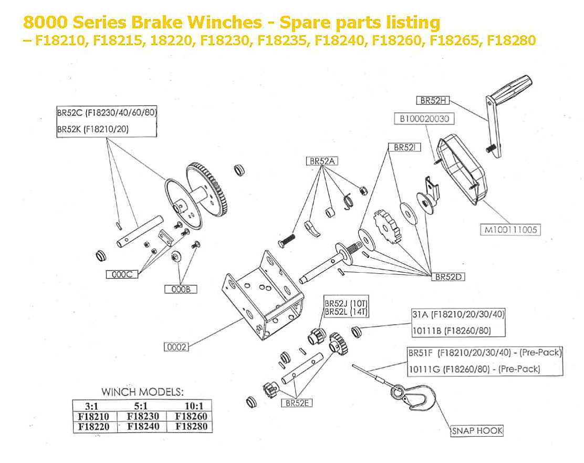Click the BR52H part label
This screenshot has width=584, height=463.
[433, 100]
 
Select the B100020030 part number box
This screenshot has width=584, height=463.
[424, 119]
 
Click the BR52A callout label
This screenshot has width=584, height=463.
[321, 161]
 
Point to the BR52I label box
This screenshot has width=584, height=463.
[404, 148]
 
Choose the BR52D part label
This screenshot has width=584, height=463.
[448, 276]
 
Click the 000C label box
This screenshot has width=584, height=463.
[121, 274]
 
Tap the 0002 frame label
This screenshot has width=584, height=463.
[176, 346]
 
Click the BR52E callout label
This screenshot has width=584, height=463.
[296, 403]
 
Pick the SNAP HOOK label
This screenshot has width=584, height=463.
[477, 430]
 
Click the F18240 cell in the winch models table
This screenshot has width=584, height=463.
[143, 426]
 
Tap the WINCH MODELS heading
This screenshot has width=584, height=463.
[142, 392]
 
